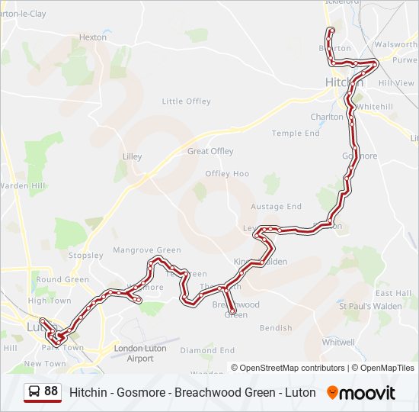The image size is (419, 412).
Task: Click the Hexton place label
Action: pyautogui.click(x=93, y=37)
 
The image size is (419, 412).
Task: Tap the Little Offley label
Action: pyautogui.click(x=186, y=101)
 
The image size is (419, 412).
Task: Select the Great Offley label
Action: pyautogui.click(x=210, y=151)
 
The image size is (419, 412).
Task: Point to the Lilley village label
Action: pyautogui.click(x=132, y=156)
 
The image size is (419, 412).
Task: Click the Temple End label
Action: pyautogui.click(x=296, y=133)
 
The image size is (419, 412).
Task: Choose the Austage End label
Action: pyautogui.click(x=277, y=206)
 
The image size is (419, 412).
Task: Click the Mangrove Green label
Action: pyautogui.click(x=147, y=249)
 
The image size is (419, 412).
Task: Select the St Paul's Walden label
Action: pyautogui.click(x=370, y=306)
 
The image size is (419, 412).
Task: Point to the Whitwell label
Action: pyautogui.click(x=338, y=343)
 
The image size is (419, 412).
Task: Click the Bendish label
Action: pyautogui.click(x=276, y=328)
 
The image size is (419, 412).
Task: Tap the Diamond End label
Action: pyautogui.click(x=207, y=350)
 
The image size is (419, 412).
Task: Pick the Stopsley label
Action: pyautogui.click(x=85, y=255)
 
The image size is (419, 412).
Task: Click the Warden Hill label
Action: pyautogui.click(x=23, y=185)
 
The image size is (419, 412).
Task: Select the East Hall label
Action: pyautogui.click(x=393, y=293)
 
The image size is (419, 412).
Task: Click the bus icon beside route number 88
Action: pyautogui.click(x=34, y=392)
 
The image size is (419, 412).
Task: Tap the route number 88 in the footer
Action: pyautogui.click(x=51, y=391)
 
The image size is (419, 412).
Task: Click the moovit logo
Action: pyautogui.click(x=361, y=393)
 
